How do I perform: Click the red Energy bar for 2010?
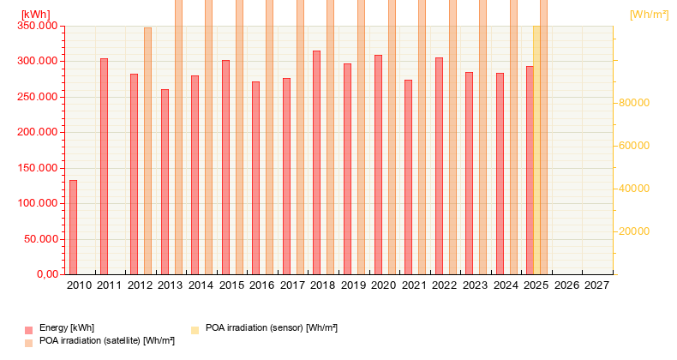[x=73, y=227]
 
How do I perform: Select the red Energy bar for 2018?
[x=316, y=163]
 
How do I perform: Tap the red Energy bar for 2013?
[x=165, y=182]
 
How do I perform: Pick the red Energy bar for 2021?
[x=408, y=177]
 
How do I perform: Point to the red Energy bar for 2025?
[x=530, y=171]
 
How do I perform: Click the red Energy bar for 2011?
[x=104, y=166]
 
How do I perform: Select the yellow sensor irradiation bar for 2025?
[x=536, y=150]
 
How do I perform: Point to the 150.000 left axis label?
[x=38, y=168]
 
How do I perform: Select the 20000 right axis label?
[x=635, y=231]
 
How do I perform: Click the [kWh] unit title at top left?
[x=35, y=15]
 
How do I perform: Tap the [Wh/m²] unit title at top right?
[x=649, y=15]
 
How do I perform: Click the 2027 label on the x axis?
[x=597, y=285]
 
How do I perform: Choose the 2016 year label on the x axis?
[x=262, y=285]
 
